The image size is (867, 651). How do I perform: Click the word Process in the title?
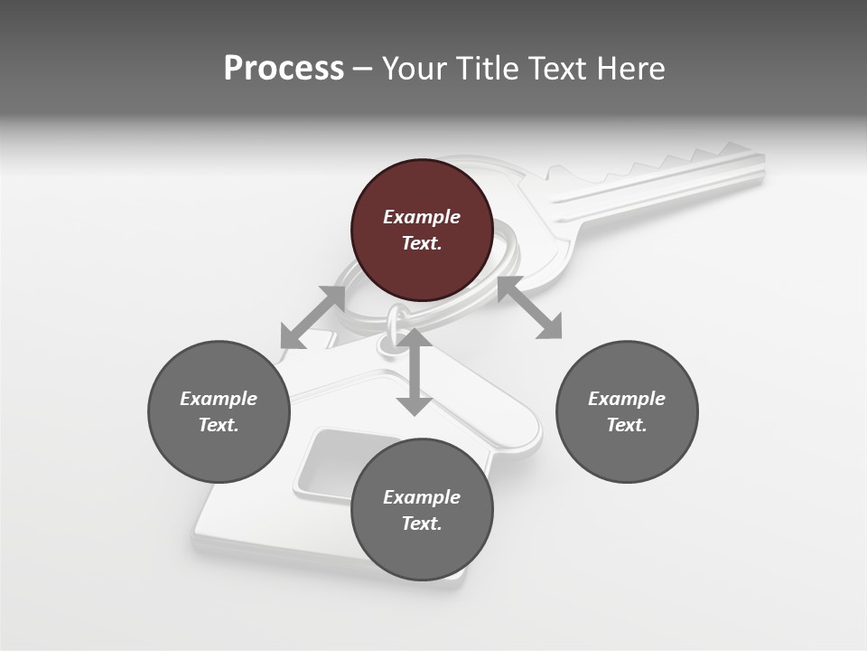pyautogui.click(x=284, y=69)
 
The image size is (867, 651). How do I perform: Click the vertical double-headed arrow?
pyautogui.click(x=415, y=373)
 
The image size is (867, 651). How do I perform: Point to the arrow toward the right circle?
pyautogui.click(x=530, y=308)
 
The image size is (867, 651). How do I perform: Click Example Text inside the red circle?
pyautogui.click(x=422, y=230)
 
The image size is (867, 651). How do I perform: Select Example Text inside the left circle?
pyautogui.click(x=219, y=411)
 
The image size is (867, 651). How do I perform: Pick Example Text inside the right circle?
pyautogui.click(x=627, y=411)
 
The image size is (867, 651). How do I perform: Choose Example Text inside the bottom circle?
pyautogui.click(x=422, y=510)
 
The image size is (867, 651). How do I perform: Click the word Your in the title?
pyautogui.click(x=416, y=69)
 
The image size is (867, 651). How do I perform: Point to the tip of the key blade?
pyautogui.click(x=761, y=163)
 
